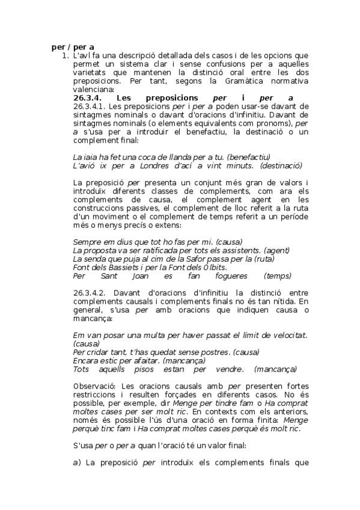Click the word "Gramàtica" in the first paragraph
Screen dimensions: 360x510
[248, 81]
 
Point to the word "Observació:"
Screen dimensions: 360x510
[94, 386]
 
